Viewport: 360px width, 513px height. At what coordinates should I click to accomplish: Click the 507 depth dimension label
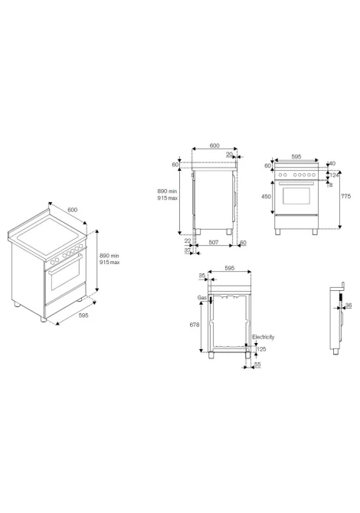click(214, 242)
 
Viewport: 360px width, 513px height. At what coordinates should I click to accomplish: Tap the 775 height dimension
click(345, 196)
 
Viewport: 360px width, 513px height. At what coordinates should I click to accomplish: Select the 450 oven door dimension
click(266, 197)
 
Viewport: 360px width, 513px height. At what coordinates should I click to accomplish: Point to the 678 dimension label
click(195, 325)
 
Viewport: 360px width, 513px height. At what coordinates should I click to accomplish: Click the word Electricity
click(263, 337)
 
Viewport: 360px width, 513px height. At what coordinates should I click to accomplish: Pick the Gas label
click(202, 297)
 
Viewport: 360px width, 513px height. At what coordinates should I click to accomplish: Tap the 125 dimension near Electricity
click(261, 349)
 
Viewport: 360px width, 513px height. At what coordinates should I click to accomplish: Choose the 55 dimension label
click(257, 364)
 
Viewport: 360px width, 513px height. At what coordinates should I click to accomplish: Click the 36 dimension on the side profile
click(349, 306)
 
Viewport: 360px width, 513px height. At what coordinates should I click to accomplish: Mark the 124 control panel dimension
click(334, 175)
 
